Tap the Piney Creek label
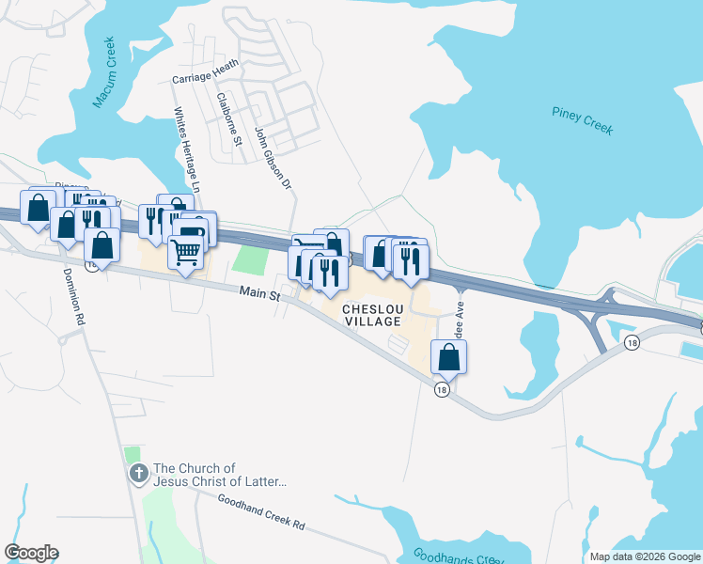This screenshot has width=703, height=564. pyautogui.click(x=583, y=121)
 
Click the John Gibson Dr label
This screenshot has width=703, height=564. pyautogui.click(x=273, y=157)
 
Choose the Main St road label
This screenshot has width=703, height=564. pyautogui.click(x=260, y=294)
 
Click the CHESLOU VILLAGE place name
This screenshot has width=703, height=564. pyautogui.click(x=373, y=315)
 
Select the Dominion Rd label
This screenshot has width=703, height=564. pyautogui.click(x=74, y=297)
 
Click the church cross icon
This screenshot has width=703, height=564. pyautogui.click(x=138, y=474)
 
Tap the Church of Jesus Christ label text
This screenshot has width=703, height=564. pyautogui.click(x=220, y=475)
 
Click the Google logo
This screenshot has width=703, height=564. pyautogui.click(x=31, y=553)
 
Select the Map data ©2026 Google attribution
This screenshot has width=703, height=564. pyautogui.click(x=645, y=556)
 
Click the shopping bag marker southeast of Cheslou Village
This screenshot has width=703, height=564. pyautogui.click(x=449, y=356)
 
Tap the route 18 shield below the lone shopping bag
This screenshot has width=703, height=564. pyautogui.click(x=441, y=388)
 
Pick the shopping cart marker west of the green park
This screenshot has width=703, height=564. pyautogui.click(x=186, y=252)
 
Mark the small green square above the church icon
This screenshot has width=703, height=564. pyautogui.click(x=132, y=454)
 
